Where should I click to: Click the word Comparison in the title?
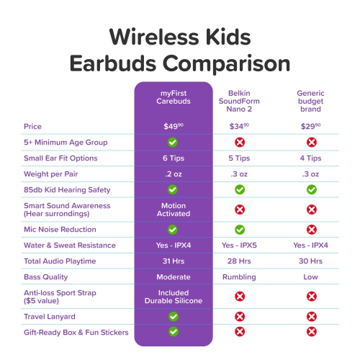[x=217, y=63]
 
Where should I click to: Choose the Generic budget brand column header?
[x=311, y=102]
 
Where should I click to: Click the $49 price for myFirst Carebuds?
[x=174, y=126]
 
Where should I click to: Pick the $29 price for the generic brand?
[x=311, y=126]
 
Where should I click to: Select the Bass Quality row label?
[x=48, y=276]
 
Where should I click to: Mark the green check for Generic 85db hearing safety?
[x=311, y=189]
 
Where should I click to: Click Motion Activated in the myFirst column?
[x=174, y=210]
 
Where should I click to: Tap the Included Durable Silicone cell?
[x=174, y=296]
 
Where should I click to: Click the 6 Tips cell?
[x=174, y=158]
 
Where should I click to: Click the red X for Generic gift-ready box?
[x=311, y=331]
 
